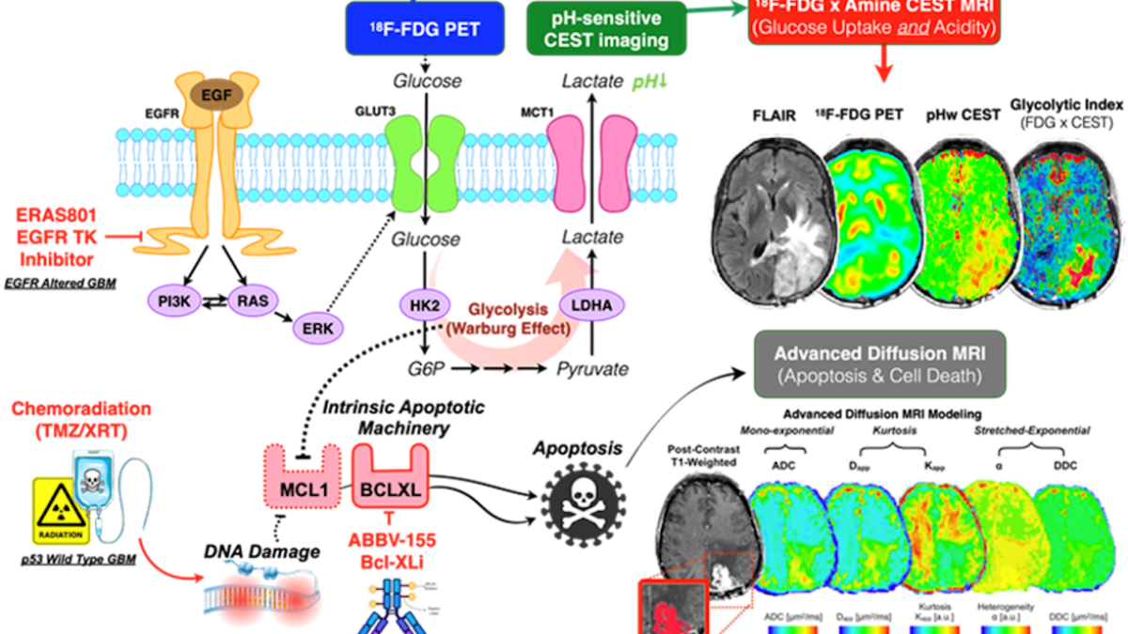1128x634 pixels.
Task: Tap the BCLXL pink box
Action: (390, 489)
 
